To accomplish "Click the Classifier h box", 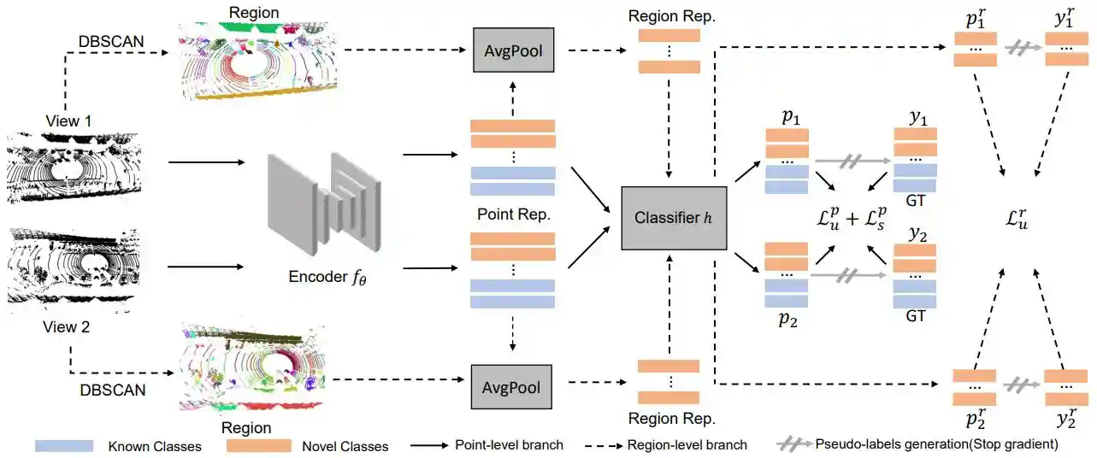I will tap(674, 218).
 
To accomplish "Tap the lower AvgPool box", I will tap(511, 388).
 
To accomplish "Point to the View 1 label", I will tap(68, 121).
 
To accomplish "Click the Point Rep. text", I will tap(512, 213).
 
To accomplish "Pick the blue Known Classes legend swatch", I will tap(64, 446).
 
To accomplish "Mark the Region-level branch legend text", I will tap(687, 445).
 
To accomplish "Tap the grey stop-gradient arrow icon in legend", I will tap(793, 445).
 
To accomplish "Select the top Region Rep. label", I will tap(668, 17).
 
